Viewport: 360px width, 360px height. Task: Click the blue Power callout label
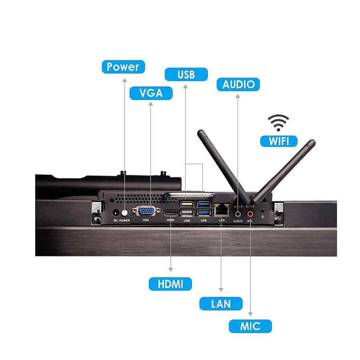point(123,67)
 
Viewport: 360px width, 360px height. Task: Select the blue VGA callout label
point(151,93)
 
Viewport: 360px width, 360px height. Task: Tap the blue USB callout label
point(186,74)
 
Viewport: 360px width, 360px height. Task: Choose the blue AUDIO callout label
point(238,84)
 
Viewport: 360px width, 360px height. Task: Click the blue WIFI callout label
point(278,141)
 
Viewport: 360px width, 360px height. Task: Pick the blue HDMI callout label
point(170,284)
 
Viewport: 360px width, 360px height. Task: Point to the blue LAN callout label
point(221,304)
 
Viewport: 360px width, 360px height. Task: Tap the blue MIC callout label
point(250,326)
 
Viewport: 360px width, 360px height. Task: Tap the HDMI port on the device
point(170,212)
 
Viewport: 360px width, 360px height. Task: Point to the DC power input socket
point(116,213)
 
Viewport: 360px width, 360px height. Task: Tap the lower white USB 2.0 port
point(186,212)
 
